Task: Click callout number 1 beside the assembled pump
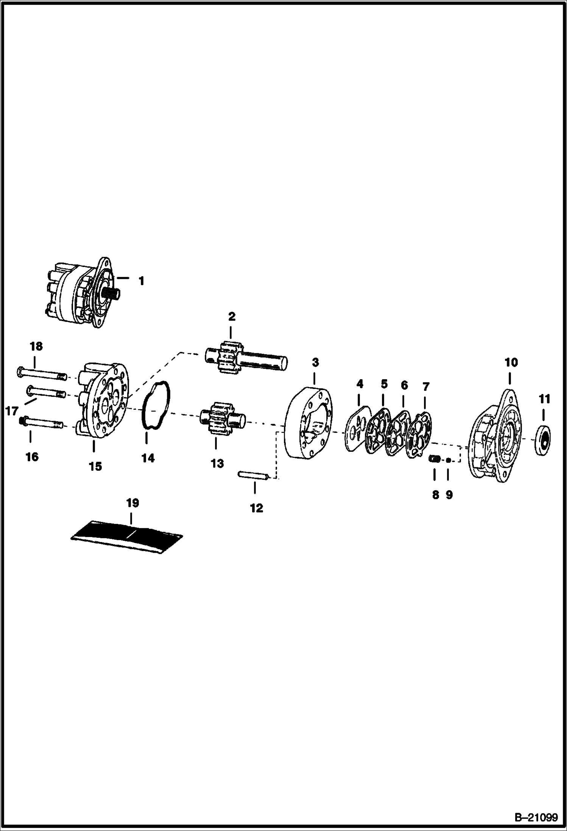click(141, 281)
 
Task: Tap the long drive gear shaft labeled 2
click(246, 359)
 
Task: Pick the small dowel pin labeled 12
click(253, 475)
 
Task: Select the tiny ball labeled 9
click(448, 460)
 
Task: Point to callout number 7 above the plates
click(425, 387)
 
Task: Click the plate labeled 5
click(377, 430)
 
